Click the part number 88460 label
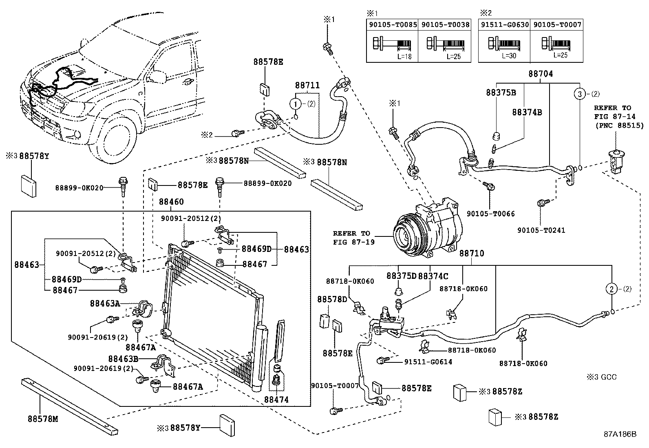pyautogui.click(x=171, y=202)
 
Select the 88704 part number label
pyautogui.click(x=541, y=74)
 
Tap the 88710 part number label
pyautogui.click(x=472, y=254)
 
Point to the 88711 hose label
pyautogui.click(x=307, y=86)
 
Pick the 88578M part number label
pyautogui.click(x=43, y=419)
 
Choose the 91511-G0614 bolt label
pyautogui.click(x=428, y=362)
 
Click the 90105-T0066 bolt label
pyautogui.click(x=490, y=214)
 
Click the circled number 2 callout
pyautogui.click(x=612, y=289)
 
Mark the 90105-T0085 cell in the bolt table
pyautogui.click(x=393, y=25)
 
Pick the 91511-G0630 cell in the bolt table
pyautogui.click(x=505, y=25)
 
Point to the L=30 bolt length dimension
pyautogui.click(x=509, y=55)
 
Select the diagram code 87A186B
pyautogui.click(x=620, y=435)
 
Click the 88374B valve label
pyautogui.click(x=527, y=113)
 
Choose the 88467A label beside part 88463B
pyautogui.click(x=188, y=387)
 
